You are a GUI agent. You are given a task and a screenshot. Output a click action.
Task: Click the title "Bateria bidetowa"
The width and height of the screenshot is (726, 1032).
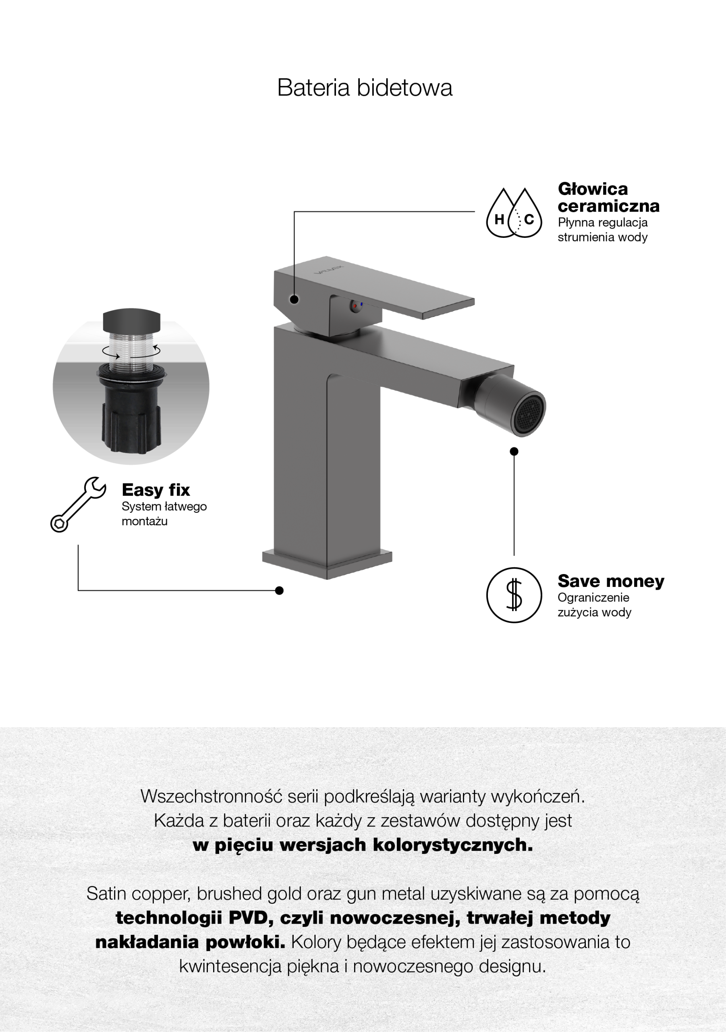[364, 87]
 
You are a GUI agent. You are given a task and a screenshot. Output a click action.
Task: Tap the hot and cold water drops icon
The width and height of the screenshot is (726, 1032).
[514, 212]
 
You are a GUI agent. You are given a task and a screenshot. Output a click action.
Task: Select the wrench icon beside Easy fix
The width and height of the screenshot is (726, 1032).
[78, 504]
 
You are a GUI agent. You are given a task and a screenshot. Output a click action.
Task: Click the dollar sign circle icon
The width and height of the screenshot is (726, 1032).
[514, 595]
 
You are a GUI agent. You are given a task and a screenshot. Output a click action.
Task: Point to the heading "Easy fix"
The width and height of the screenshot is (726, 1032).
[156, 489]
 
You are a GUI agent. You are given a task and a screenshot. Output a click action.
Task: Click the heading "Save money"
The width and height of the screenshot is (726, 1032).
[610, 581]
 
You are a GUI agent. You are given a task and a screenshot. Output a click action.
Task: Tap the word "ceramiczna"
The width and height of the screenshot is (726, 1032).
[608, 206]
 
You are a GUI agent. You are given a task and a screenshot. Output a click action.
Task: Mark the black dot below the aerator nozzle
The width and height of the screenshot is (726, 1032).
[514, 451]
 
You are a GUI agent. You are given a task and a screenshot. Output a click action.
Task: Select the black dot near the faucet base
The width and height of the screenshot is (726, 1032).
[279, 590]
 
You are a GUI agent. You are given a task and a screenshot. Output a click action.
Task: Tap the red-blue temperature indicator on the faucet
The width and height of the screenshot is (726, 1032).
[357, 306]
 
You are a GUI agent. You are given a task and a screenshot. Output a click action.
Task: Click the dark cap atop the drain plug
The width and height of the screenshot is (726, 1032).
[132, 320]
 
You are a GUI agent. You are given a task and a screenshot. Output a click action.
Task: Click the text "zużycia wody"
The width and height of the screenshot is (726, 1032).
[594, 612]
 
